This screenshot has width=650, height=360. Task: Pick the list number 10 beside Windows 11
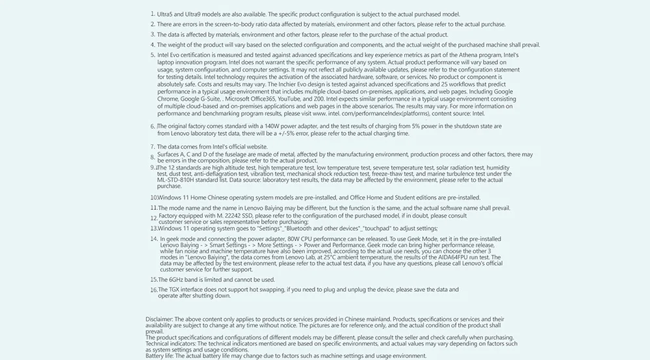click(153, 197)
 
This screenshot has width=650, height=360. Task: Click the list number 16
click(153, 290)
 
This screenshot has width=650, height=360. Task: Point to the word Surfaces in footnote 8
click(170, 155)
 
